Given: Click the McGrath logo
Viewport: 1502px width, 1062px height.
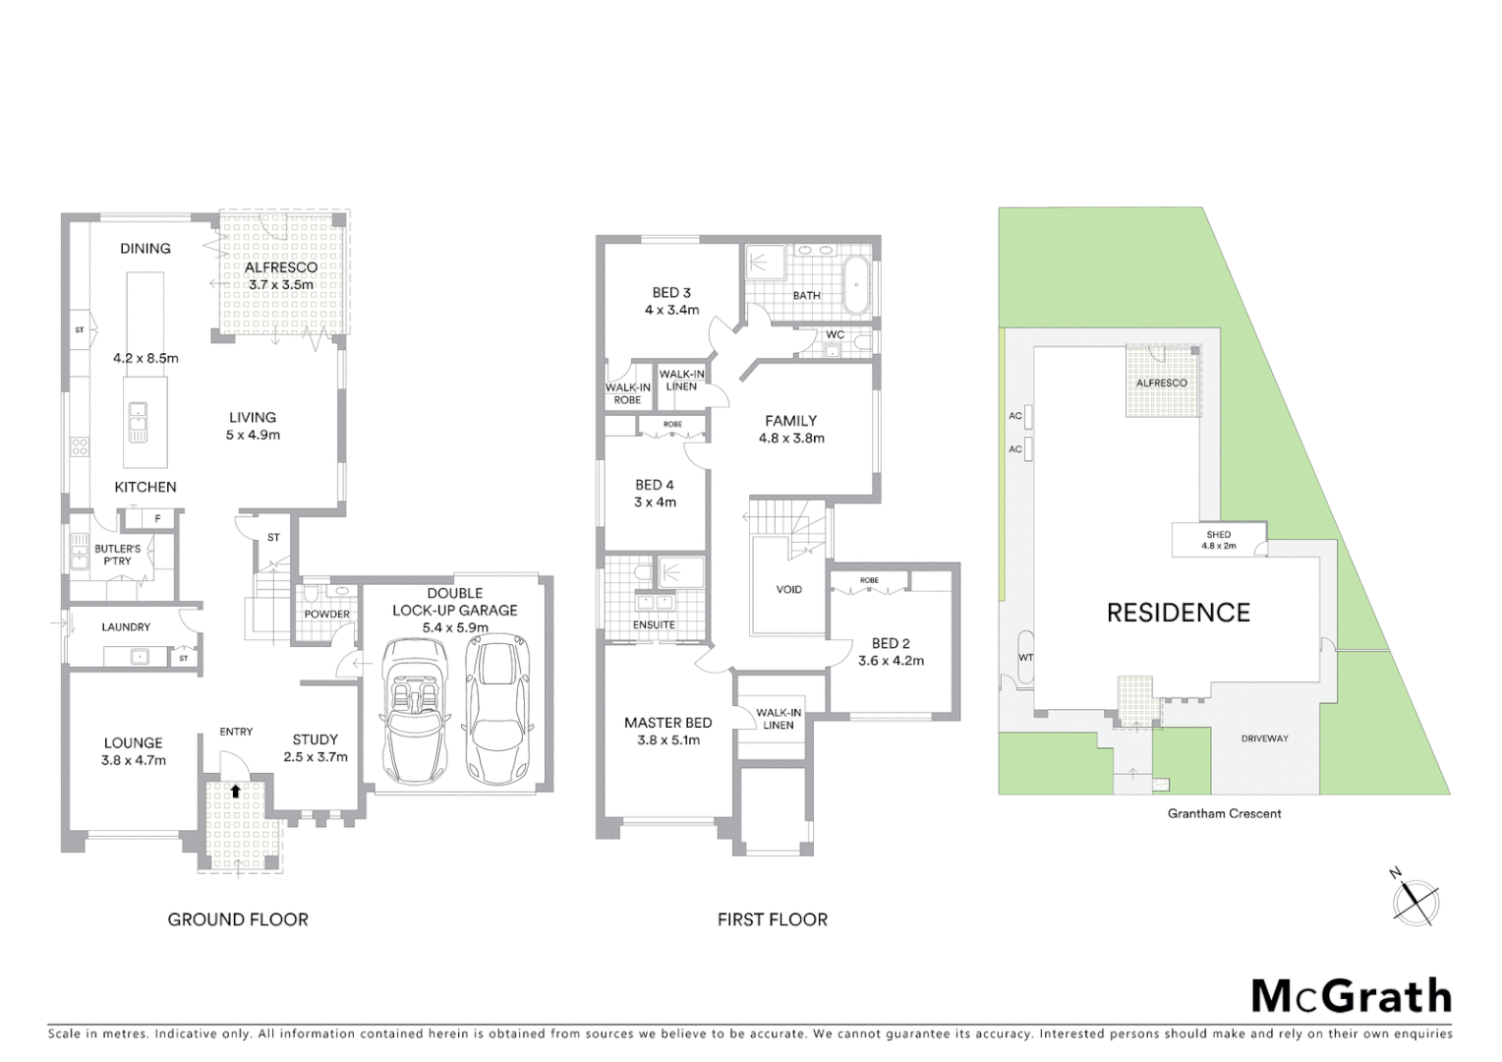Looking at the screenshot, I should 1351,996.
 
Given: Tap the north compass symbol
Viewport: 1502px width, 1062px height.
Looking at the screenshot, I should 1415,901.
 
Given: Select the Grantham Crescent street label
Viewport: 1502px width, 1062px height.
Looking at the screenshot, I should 1224,813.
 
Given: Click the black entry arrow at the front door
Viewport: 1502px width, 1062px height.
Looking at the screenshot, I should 235,789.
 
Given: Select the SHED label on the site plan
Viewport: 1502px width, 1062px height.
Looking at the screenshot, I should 1218,535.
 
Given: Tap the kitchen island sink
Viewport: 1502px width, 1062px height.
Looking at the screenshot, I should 137,423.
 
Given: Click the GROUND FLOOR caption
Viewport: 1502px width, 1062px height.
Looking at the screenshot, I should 238,919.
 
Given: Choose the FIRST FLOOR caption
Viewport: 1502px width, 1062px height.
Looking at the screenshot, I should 772,919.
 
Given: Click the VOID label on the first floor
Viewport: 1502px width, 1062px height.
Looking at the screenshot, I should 788,590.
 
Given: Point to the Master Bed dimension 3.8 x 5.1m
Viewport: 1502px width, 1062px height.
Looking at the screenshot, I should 667,740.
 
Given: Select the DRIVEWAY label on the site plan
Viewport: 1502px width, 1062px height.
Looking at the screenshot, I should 1264,738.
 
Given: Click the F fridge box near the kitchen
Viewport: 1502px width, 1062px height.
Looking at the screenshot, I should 156,518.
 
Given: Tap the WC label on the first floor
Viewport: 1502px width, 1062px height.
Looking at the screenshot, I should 835,334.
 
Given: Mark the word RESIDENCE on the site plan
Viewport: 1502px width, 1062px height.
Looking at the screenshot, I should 1178,613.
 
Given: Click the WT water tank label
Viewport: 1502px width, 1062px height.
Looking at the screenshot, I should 1026,657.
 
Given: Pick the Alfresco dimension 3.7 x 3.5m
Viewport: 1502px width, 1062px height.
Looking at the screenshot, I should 280,284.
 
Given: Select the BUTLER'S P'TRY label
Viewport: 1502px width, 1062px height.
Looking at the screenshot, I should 117,555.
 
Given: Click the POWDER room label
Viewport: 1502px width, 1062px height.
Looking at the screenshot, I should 326,614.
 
